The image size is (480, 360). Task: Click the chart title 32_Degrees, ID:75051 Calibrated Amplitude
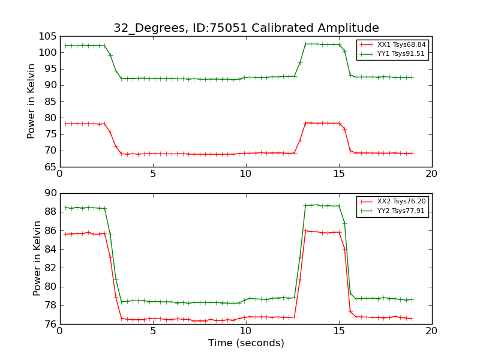tap(246, 28)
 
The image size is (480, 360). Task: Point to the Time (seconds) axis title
tap(246, 343)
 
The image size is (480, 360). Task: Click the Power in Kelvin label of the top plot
tap(32, 101)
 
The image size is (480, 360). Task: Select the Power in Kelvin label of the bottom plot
tap(37, 259)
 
